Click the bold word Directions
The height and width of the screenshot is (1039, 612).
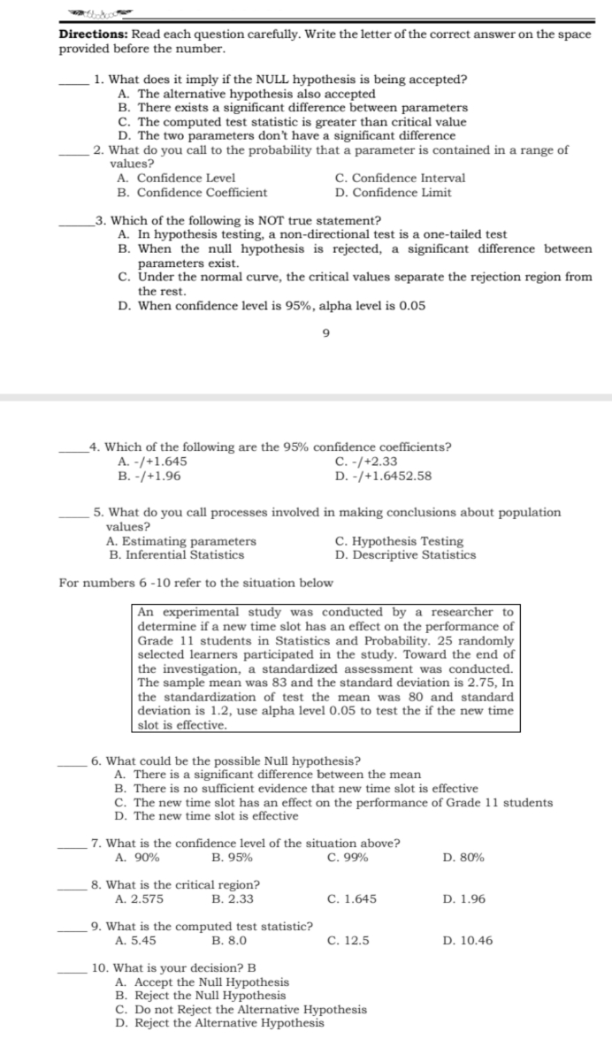tap(92, 34)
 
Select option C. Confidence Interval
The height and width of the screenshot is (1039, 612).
tap(400, 178)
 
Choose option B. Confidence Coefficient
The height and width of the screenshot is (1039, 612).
tap(192, 192)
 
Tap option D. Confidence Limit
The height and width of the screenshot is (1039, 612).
tap(394, 192)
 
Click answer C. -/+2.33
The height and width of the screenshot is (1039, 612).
tap(366, 461)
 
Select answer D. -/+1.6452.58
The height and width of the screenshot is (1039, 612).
tap(384, 475)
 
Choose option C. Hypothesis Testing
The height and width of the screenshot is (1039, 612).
tap(399, 541)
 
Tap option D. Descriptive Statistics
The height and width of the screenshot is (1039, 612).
tap(405, 555)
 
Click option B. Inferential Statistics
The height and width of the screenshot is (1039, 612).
tap(176, 555)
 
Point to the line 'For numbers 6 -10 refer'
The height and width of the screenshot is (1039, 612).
tap(195, 583)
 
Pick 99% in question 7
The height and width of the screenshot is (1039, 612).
tap(348, 857)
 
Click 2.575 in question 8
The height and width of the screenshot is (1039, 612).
tap(140, 898)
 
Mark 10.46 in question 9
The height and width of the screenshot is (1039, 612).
tap(465, 940)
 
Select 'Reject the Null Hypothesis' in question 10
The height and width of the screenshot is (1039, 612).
tap(201, 996)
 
